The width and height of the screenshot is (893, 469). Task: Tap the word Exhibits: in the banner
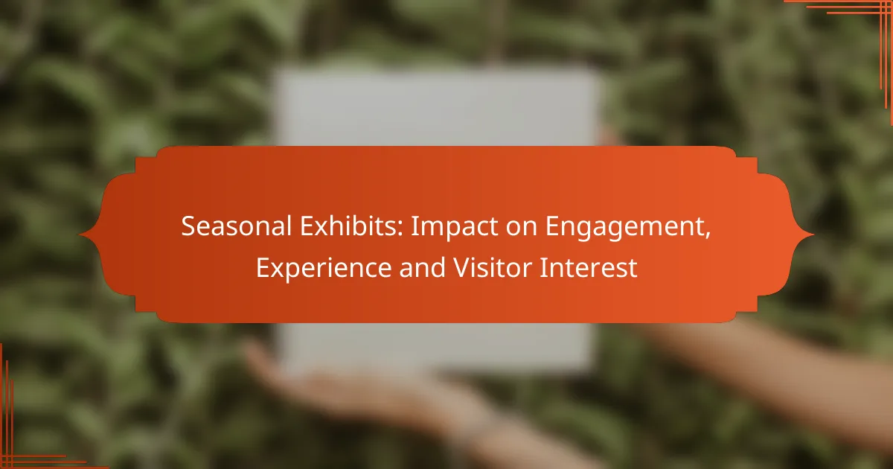[x=351, y=226]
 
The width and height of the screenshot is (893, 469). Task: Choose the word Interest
[x=588, y=267]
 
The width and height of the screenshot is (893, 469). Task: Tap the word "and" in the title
[x=422, y=267]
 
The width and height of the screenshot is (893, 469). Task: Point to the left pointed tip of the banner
[x=80, y=234]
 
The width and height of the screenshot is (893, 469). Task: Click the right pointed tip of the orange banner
[x=813, y=234]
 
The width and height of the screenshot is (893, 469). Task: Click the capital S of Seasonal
[x=189, y=226]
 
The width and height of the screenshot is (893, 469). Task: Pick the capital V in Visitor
[x=463, y=267]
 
